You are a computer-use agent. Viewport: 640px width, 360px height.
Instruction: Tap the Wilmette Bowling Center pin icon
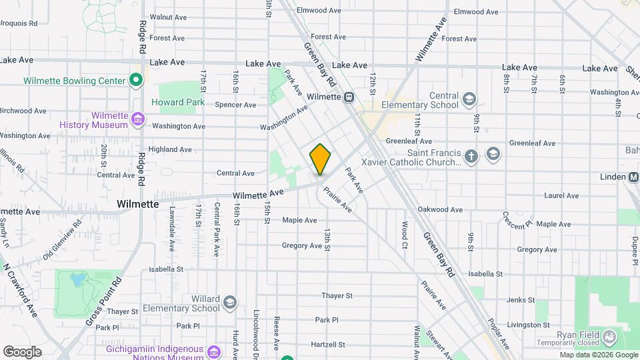136,81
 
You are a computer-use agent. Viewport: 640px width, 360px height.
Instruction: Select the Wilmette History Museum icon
138,120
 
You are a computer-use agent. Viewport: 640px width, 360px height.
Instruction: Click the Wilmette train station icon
349,97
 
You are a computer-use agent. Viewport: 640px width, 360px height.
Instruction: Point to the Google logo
22,351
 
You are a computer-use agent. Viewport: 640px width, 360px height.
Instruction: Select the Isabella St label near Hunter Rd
166,269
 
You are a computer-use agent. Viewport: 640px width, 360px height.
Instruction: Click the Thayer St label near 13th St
336,295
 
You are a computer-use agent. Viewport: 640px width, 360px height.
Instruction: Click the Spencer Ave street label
235,105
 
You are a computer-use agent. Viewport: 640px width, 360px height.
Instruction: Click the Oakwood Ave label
440,209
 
